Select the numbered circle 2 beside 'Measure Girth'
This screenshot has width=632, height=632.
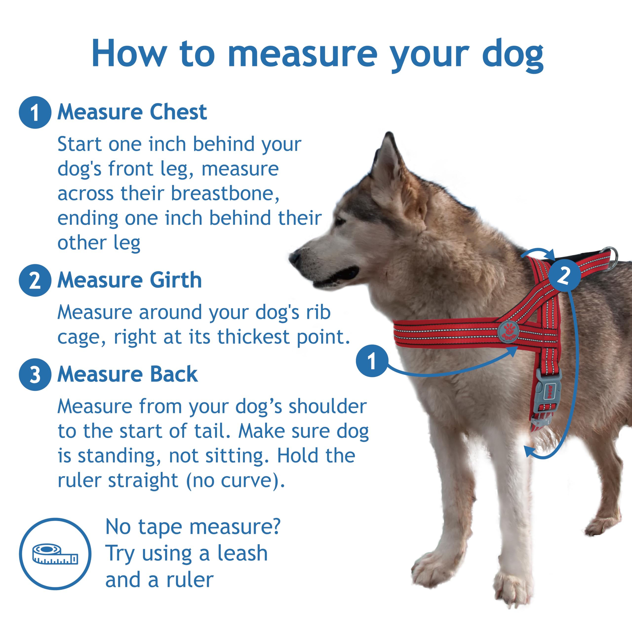coord(35,280)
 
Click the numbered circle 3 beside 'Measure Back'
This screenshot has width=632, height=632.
coord(35,375)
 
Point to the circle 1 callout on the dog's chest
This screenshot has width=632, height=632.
coord(372,361)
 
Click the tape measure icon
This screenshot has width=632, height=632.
coord(55,553)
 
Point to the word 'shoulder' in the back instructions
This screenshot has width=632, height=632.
coord(327,407)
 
